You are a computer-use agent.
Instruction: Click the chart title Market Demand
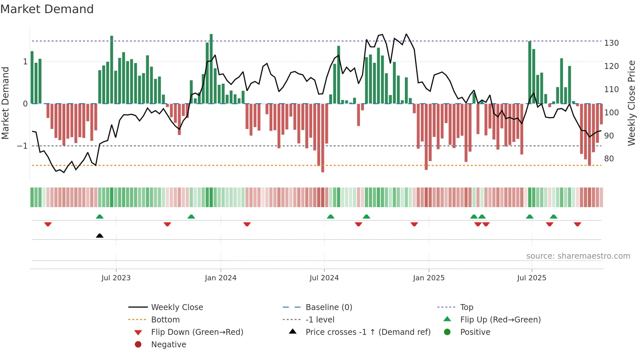coord(47,9)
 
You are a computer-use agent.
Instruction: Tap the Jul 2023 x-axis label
coord(116,278)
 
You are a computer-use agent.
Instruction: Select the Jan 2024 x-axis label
coord(221,278)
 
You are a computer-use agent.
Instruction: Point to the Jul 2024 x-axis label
coord(324,278)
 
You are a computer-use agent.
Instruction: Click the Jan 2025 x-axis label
coord(429,278)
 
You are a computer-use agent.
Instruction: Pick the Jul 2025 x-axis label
coord(532,278)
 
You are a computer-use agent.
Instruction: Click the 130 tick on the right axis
coord(611,43)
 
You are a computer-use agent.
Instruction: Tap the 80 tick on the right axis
coord(609,159)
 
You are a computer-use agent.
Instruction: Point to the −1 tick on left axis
coord(22,146)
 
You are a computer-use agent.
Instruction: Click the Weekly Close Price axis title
coord(632,103)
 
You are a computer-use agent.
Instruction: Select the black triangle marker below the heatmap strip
coord(100,236)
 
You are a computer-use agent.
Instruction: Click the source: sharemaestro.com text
coord(578,256)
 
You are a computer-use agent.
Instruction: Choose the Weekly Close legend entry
coord(177,307)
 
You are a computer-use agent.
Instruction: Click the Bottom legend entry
coord(165,320)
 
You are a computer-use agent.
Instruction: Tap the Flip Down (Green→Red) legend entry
coord(197,332)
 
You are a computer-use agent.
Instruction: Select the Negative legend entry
coord(168,345)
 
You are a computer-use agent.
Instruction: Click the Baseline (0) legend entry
coord(329,307)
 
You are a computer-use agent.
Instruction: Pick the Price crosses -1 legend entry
coord(368,332)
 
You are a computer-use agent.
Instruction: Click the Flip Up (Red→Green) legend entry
coord(500,320)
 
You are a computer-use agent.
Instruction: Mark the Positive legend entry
coord(475,332)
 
